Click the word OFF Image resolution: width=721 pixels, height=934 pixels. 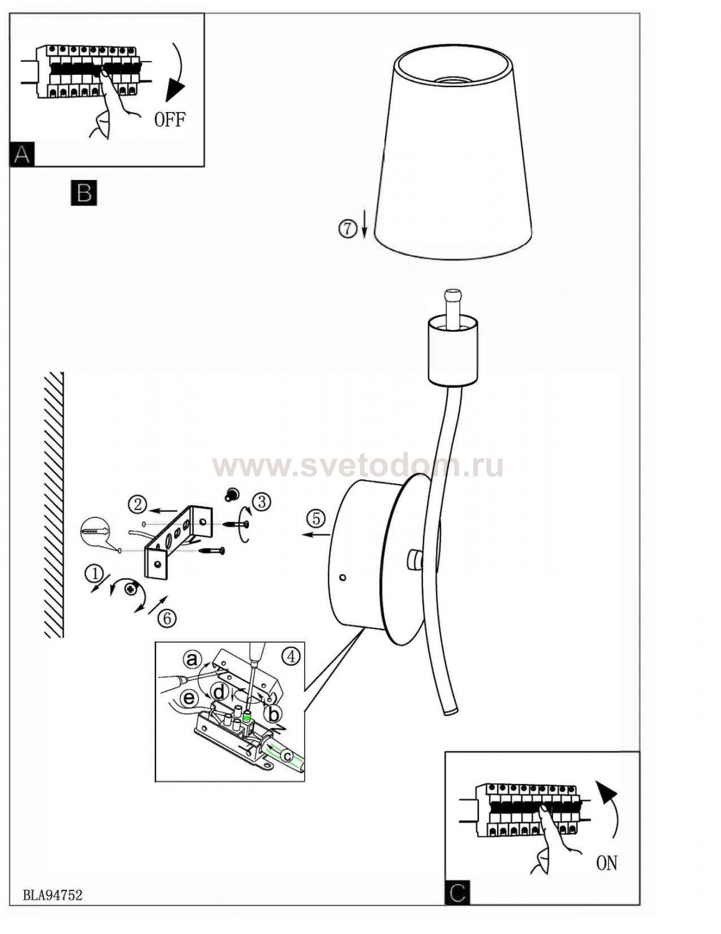pos(170,120)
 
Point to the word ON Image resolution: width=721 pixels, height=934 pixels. pos(607,863)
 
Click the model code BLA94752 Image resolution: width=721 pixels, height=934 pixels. pos(52,895)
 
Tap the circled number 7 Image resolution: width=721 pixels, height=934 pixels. pos(347,229)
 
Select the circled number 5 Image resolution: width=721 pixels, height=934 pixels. pos(315,519)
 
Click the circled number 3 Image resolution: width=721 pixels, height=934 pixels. pos(261,501)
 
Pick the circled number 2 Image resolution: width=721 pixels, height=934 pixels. pos(137,504)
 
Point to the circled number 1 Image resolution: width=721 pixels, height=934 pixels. pos(95,572)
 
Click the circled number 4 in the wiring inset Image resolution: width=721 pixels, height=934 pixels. pos(291,656)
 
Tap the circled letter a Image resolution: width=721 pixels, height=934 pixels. pos(192,659)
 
